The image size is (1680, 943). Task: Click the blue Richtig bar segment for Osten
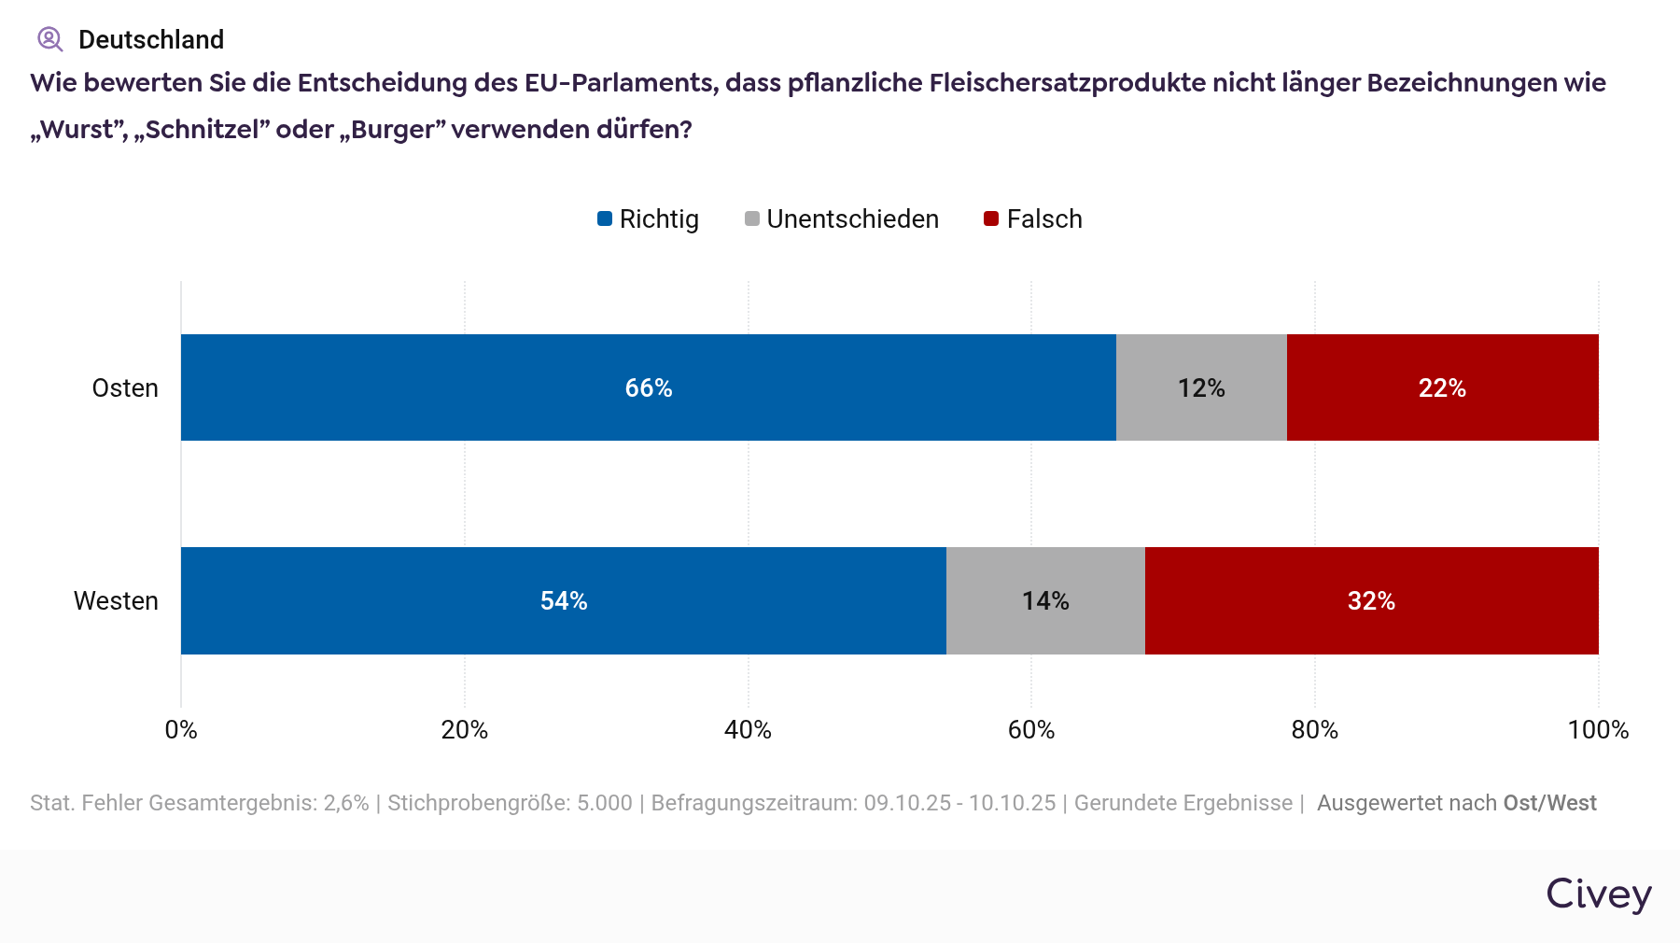pos(648,387)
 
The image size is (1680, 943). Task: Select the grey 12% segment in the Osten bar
pos(1201,387)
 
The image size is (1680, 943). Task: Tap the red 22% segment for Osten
pos(1442,387)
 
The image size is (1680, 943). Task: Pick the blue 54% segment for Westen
pos(563,600)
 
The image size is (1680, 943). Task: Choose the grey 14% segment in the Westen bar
pos(1045,600)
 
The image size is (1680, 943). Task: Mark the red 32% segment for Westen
pos(1371,600)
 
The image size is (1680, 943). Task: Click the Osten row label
pos(125,387)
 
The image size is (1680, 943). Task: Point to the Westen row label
pos(116,600)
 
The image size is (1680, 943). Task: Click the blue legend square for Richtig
pos(605,218)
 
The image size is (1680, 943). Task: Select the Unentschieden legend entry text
pos(852,218)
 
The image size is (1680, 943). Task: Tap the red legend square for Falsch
pos(991,218)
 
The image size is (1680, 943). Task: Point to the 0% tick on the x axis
pos(181,729)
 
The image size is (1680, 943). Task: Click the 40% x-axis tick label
pos(748,729)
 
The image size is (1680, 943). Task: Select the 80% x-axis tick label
pos(1314,729)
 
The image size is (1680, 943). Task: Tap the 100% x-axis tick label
pos(1598,729)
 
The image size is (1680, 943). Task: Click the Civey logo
pos(1599,894)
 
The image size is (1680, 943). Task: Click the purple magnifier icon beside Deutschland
pos(49,39)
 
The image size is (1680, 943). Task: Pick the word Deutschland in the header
pos(151,39)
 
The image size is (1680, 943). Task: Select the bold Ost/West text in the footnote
pos(1549,803)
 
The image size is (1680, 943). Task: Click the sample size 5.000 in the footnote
pos(605,803)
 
